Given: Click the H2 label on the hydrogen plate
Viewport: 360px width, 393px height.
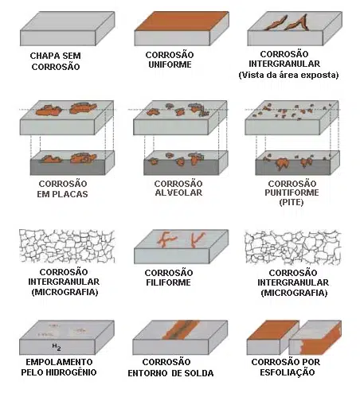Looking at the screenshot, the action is coord(57,347).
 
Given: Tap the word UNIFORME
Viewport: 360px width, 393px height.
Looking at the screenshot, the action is coord(170,64).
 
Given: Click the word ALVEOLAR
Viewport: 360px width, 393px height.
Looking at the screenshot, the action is coord(178,193).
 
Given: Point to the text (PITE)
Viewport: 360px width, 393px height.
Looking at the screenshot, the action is coord(292,202).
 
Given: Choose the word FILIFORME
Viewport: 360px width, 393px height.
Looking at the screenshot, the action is coord(168,282).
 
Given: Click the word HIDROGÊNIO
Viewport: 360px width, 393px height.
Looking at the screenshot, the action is coord(71,372).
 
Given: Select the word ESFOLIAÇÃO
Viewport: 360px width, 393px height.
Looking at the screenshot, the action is coord(288,372).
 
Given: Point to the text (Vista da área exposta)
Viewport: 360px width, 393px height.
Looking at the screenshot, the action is coord(288,75).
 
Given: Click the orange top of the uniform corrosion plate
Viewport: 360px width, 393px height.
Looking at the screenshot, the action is coord(182,21).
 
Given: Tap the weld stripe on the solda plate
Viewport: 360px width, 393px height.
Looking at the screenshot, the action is coord(180,329).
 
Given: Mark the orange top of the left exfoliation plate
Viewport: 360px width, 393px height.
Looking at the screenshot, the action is coord(272,330).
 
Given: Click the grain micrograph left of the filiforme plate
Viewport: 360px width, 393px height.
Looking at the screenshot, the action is coord(67,247).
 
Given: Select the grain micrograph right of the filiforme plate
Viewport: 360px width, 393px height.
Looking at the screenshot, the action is coord(293,247).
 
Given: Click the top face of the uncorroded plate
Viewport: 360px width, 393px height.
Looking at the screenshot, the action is coord(68,21).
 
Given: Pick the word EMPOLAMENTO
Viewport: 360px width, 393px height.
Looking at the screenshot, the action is coord(59,362).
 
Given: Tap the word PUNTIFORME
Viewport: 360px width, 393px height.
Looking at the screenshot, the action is coord(292,193).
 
